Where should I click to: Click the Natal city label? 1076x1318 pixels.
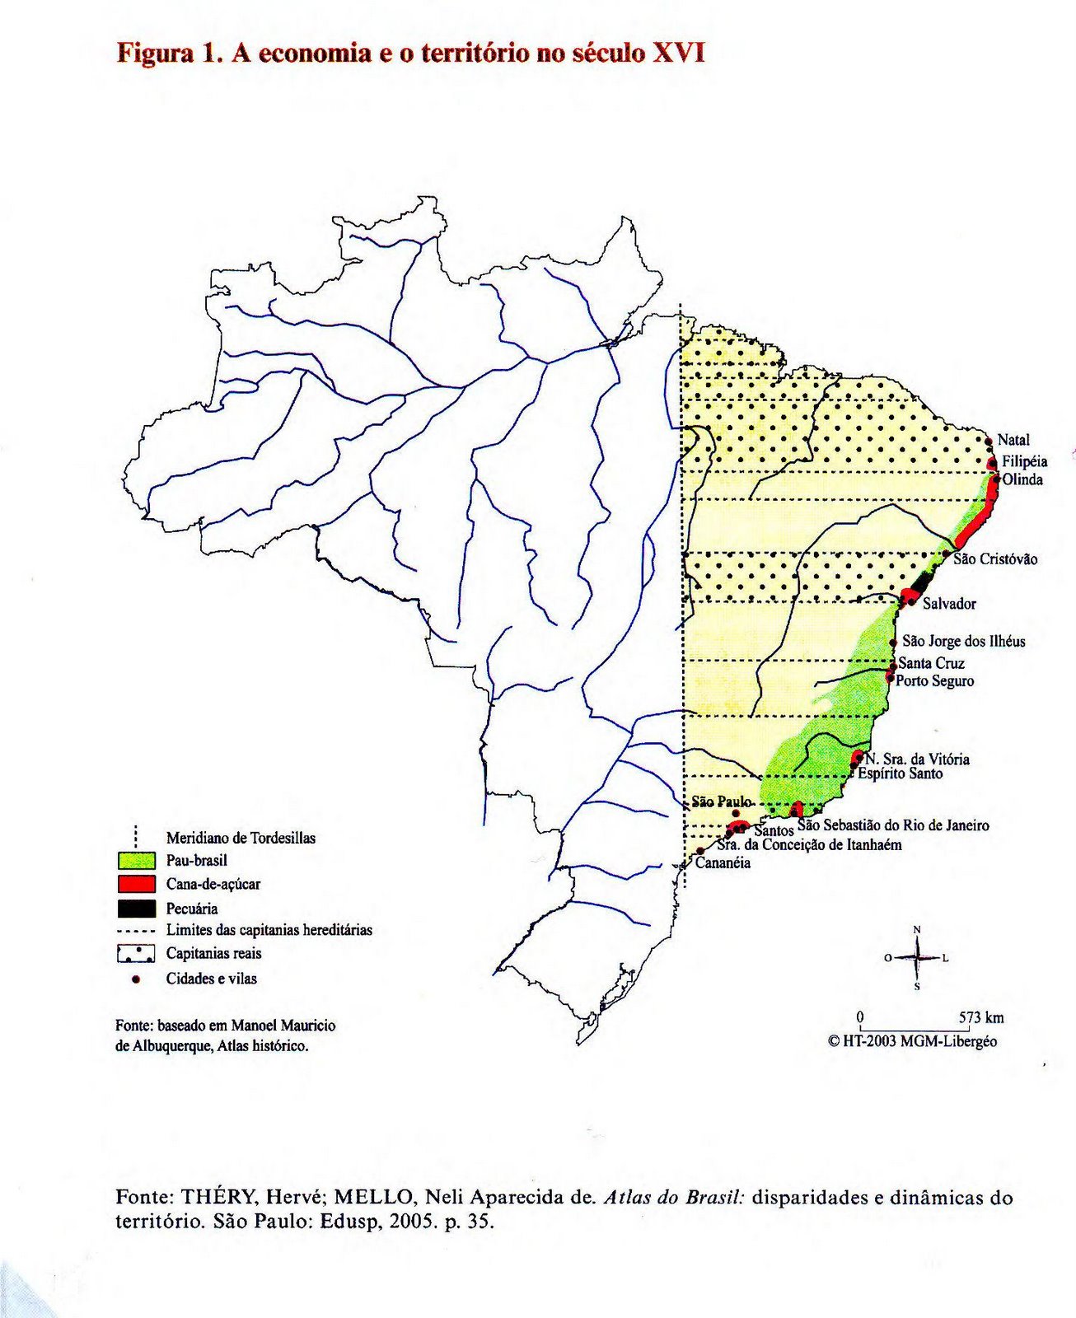click(1013, 440)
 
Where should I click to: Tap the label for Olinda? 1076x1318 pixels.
click(1022, 479)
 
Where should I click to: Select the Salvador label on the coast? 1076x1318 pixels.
click(949, 604)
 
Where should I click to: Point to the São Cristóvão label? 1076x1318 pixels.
click(995, 559)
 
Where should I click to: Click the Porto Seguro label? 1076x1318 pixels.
click(934, 681)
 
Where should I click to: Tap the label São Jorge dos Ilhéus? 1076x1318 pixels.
click(963, 641)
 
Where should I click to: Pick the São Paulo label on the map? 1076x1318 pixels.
click(721, 801)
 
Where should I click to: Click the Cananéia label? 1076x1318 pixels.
click(723, 863)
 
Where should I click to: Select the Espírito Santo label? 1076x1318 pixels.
click(900, 774)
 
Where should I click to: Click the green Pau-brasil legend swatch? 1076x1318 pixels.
click(136, 861)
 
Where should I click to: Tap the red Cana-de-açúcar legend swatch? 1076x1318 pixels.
click(136, 885)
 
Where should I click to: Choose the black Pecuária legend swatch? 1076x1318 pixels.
click(136, 909)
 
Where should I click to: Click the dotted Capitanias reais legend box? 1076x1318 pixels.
click(136, 954)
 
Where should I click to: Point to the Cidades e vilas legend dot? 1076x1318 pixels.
click(137, 979)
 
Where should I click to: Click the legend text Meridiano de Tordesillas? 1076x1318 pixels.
click(241, 838)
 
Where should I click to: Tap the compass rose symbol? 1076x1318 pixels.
click(917, 958)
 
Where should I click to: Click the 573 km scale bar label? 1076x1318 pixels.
click(981, 1017)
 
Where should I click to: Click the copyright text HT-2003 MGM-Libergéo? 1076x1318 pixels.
click(919, 1041)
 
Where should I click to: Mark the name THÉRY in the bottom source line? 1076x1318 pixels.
click(218, 1197)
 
